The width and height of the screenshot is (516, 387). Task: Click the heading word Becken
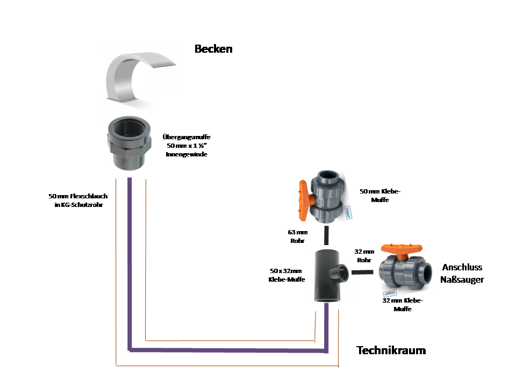point(213,49)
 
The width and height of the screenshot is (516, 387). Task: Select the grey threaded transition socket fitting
point(128,144)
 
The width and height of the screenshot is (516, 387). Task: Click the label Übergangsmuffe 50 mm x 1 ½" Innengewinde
point(186,146)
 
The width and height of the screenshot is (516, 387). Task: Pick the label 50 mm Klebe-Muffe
point(380,195)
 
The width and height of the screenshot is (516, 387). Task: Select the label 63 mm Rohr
point(297,236)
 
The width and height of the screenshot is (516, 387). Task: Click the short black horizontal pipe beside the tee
point(363,273)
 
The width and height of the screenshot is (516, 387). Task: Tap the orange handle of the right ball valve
point(401,249)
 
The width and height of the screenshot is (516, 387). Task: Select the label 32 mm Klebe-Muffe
point(403,305)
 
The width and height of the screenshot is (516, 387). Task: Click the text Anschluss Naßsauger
point(462,273)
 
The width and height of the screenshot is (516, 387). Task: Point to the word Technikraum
point(391,350)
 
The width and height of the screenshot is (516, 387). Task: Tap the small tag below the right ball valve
point(390,293)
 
